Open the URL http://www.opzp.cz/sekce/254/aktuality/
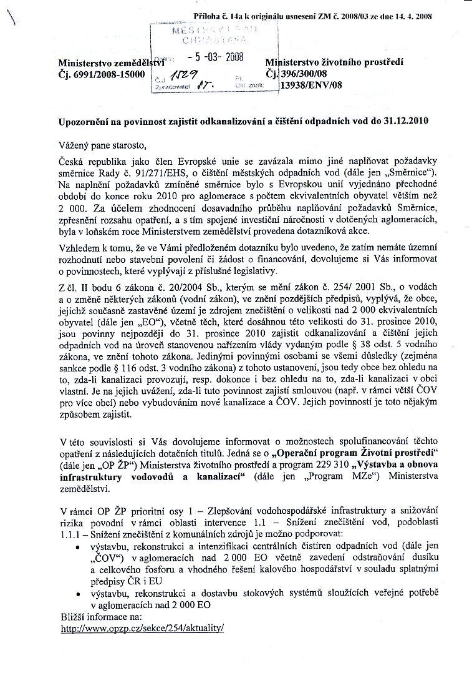[142, 629]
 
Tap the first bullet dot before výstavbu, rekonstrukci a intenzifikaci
[76, 547]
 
